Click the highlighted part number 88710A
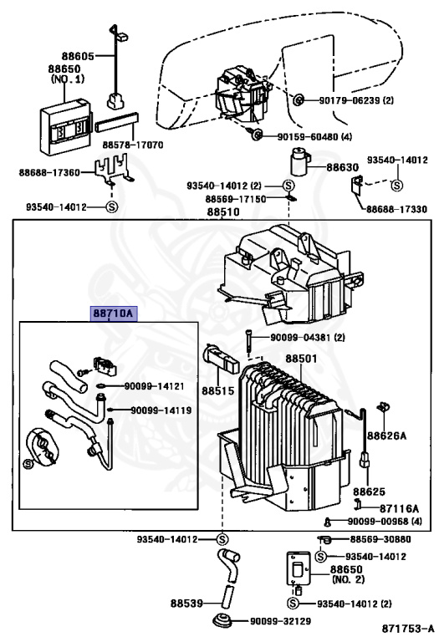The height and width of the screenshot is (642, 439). (x=114, y=313)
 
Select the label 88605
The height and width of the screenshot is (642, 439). (x=78, y=56)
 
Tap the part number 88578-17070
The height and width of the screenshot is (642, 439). (x=133, y=145)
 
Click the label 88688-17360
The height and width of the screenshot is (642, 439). (x=49, y=173)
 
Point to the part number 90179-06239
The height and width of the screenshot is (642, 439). (x=350, y=100)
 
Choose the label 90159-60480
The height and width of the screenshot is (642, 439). (x=308, y=137)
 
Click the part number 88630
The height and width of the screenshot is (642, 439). (x=342, y=167)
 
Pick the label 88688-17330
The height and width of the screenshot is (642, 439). (x=396, y=210)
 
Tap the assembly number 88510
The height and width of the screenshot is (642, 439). (x=223, y=211)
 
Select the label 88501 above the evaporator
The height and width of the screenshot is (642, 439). (x=301, y=359)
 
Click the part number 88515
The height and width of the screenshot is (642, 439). (x=218, y=390)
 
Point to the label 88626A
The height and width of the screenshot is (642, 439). (x=386, y=436)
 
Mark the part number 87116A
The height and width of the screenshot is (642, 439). (x=399, y=508)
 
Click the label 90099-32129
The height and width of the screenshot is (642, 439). (x=280, y=622)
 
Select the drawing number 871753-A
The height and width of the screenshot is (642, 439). (x=408, y=629)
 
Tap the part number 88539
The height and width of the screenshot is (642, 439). (x=186, y=603)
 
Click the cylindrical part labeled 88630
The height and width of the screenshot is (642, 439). (x=299, y=162)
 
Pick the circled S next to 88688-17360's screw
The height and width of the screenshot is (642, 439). (x=112, y=206)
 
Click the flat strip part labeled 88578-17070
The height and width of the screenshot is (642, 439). (x=117, y=122)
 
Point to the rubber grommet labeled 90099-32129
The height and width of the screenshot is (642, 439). (x=224, y=620)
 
